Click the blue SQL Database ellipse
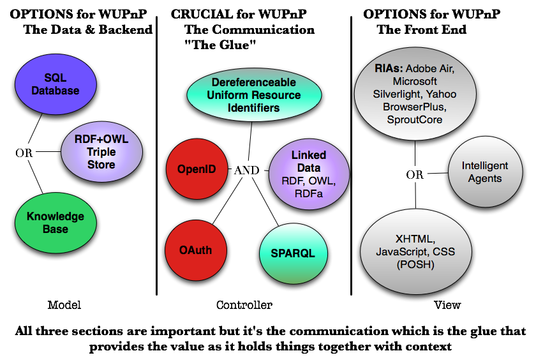click(56, 84)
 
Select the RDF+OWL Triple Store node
click(101, 151)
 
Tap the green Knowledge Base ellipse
click(56, 223)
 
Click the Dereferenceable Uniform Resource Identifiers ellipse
click(254, 95)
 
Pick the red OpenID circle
click(197, 169)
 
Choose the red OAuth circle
click(195, 250)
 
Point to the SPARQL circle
click(294, 253)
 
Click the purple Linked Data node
click(309, 174)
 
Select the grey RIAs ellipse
click(415, 94)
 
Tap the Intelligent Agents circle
click(486, 172)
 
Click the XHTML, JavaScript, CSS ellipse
click(415, 251)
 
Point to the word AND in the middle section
click(246, 170)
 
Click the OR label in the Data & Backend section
click(24, 153)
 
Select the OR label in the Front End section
click(415, 175)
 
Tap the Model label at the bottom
click(64, 304)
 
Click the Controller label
click(244, 304)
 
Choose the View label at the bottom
click(447, 304)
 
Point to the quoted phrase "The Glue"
click(220, 45)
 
